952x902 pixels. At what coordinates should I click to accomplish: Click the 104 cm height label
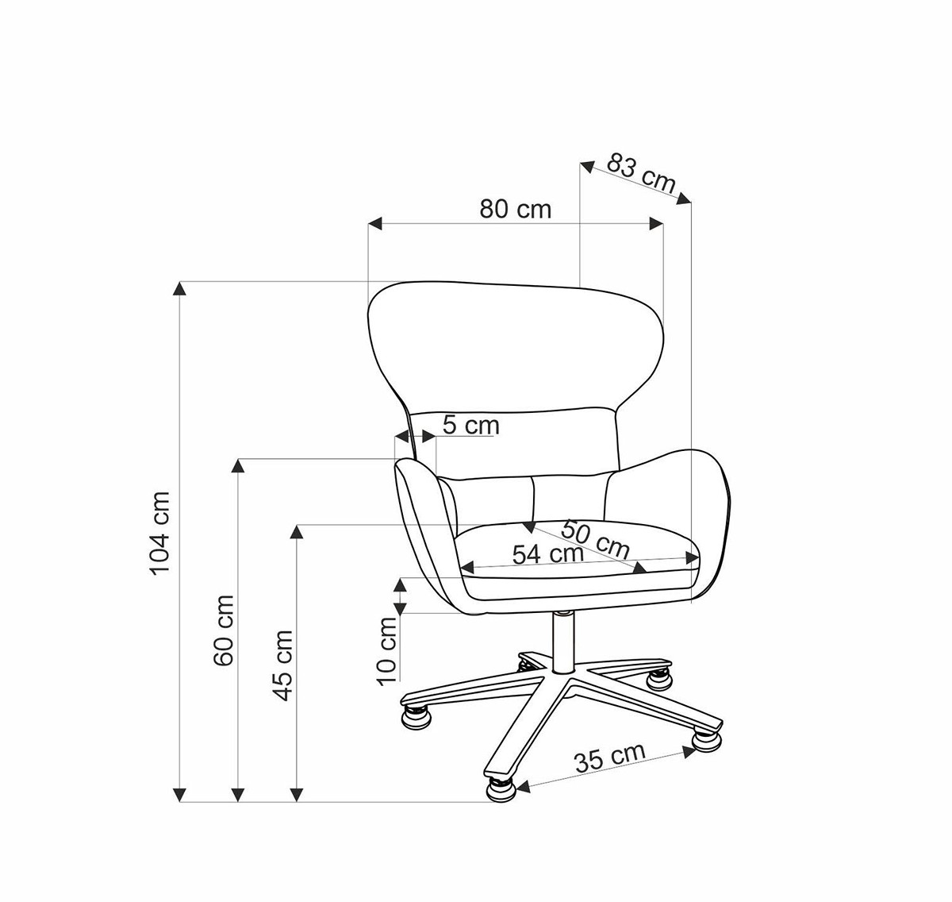(x=159, y=533)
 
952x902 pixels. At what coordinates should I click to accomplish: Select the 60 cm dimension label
(x=224, y=630)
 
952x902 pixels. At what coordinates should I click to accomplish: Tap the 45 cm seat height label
(x=282, y=665)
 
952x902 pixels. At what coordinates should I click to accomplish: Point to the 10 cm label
(x=387, y=651)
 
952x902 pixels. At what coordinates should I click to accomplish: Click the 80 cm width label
(x=515, y=210)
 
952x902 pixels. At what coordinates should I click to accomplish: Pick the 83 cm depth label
(x=641, y=173)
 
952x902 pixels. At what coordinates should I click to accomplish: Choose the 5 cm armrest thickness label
(x=470, y=425)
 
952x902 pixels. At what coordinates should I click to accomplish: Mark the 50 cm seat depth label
(x=596, y=539)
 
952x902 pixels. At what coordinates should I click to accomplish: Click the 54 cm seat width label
(x=547, y=554)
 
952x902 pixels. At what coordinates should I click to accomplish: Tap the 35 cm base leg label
(x=610, y=757)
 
